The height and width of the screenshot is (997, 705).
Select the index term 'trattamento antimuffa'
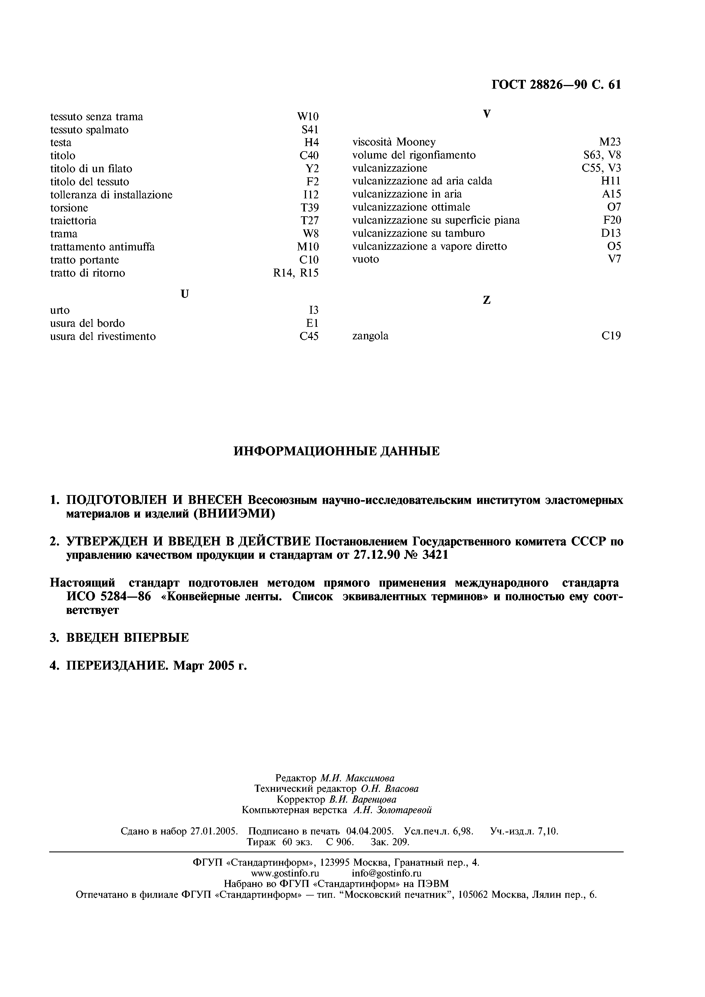[x=102, y=247]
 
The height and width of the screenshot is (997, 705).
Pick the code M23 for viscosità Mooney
[x=609, y=142]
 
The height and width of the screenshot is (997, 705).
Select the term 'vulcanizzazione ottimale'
[x=411, y=207]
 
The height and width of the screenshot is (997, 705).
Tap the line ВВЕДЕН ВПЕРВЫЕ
[x=127, y=637]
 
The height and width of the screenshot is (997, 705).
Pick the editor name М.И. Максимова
[x=357, y=778]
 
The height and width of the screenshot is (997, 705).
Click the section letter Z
[x=487, y=300]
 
